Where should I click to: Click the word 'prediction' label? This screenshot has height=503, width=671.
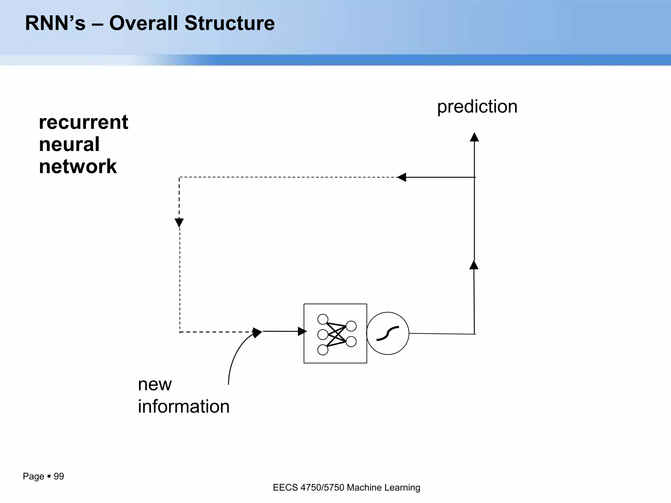(477, 107)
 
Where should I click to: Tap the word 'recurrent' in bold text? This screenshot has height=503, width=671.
(84, 122)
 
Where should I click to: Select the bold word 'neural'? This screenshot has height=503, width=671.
(69, 144)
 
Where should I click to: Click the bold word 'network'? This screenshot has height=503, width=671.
(78, 166)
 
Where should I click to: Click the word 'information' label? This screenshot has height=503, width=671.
(183, 406)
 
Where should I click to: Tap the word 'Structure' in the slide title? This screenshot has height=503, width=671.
(229, 23)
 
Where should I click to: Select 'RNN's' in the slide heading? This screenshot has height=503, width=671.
(55, 23)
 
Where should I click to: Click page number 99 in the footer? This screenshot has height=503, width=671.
(59, 476)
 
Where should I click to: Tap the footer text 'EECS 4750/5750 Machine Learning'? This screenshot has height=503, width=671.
(346, 488)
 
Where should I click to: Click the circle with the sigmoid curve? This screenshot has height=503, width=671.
(388, 333)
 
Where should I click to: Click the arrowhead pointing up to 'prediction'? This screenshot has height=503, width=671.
(474, 137)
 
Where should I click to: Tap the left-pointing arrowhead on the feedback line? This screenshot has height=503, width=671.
(402, 177)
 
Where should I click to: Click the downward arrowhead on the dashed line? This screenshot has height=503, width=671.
(179, 223)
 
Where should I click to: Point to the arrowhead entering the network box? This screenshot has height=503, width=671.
(302, 331)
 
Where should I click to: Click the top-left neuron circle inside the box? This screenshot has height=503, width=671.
(323, 319)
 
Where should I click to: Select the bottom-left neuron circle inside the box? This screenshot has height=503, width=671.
(323, 350)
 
